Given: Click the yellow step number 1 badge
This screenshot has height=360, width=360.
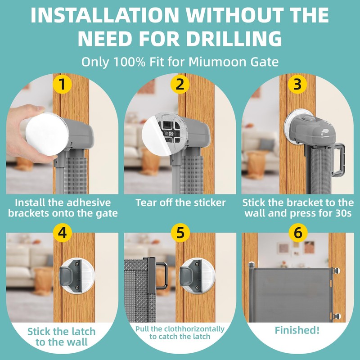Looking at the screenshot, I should (62, 84).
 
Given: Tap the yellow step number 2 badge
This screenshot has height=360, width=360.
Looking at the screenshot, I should (180, 84).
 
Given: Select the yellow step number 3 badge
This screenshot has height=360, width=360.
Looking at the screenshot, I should (297, 84).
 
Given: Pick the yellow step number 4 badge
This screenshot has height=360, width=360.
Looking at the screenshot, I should (62, 233).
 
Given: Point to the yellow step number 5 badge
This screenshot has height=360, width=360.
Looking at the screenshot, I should (180, 233).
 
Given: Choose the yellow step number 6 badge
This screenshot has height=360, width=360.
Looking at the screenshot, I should (297, 233).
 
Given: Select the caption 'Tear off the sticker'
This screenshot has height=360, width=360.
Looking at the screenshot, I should (180, 202).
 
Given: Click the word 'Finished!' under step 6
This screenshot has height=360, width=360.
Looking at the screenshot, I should (297, 330).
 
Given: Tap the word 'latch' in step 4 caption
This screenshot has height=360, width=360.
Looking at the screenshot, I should (83, 332).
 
